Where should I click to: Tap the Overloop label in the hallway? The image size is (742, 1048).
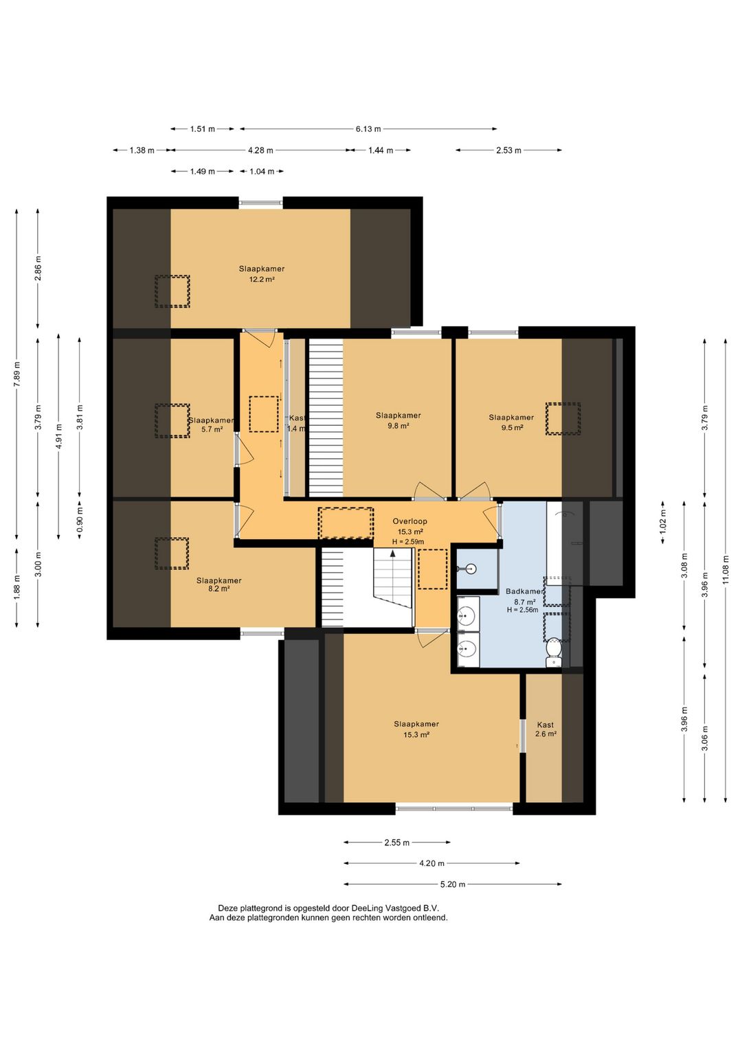(409, 521)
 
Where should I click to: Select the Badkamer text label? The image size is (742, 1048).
(524, 591)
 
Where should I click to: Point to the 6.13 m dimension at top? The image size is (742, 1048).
(368, 128)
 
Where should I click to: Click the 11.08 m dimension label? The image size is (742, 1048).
(726, 569)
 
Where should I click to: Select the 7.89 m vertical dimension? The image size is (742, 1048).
(17, 374)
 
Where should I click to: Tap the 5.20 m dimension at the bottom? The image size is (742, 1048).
(453, 885)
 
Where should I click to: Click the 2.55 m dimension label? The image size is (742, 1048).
(396, 843)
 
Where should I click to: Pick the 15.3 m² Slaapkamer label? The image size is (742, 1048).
(416, 729)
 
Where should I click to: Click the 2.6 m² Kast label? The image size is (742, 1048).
(546, 729)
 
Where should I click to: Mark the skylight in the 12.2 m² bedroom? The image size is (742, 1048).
(172, 291)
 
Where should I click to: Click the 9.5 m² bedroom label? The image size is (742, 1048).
(511, 422)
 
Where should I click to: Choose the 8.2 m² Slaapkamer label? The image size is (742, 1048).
(218, 584)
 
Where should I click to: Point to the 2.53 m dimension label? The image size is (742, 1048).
(508, 150)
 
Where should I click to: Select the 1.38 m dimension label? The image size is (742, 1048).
(142, 150)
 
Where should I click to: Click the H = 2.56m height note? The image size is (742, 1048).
(522, 610)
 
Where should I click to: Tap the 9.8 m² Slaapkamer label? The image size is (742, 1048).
(398, 420)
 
